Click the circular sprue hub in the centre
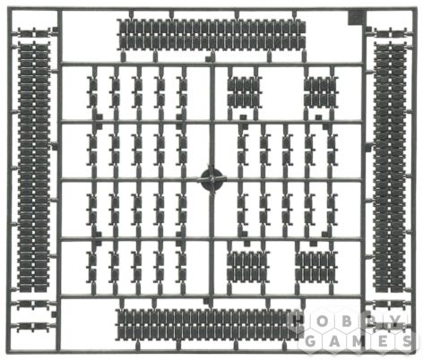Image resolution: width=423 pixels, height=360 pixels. pos(211,179)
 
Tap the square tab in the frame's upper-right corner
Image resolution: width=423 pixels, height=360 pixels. pos(355,19)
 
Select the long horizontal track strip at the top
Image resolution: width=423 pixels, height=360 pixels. pos(212,34)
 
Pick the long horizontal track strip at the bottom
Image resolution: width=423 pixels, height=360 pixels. pos(208,324)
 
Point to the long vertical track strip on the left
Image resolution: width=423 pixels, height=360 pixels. pos(33,167)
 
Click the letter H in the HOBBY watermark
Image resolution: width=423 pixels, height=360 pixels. pos(298,321)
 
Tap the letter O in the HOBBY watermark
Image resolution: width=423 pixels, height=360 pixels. pos(322,321)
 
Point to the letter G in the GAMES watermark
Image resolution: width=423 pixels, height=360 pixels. pos(310,341)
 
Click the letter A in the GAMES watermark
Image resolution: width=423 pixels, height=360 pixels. pos(335,341)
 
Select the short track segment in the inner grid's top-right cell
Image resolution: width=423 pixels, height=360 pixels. pos(321,91)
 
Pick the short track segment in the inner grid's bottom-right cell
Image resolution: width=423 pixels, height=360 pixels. pos(316,266)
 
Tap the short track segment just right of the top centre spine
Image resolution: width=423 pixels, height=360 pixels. pos(245,91)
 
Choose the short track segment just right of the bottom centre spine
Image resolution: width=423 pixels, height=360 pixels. pos(247,266)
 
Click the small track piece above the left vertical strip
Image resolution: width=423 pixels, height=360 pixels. pos(33,31)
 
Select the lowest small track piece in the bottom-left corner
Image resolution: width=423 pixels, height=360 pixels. pos(33,327)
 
